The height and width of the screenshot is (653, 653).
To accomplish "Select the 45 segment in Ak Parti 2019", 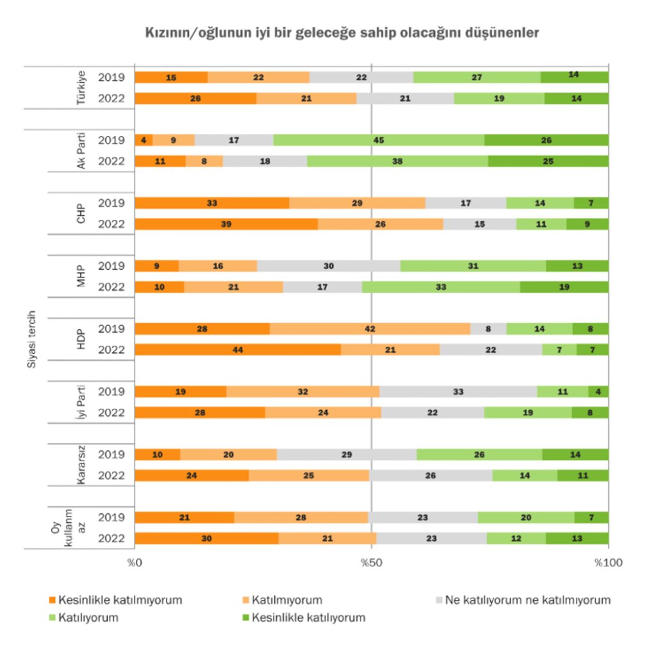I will click(x=379, y=140).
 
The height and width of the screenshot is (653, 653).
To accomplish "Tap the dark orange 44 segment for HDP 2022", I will click(x=237, y=349).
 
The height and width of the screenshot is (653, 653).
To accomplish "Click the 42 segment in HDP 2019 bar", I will click(x=370, y=329).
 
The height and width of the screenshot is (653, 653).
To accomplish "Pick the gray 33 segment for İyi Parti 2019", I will click(x=458, y=392).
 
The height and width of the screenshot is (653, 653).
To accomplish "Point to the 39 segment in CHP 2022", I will click(x=226, y=224).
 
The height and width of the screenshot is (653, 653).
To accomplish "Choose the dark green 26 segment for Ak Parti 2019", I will click(x=547, y=140).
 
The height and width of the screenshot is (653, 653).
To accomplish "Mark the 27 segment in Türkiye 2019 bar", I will click(x=477, y=77).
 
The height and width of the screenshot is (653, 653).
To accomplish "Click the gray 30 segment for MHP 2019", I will click(x=328, y=266).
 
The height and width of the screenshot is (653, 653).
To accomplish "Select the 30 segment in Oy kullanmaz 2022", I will click(x=207, y=538).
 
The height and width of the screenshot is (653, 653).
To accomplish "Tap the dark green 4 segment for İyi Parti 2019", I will click(x=599, y=392).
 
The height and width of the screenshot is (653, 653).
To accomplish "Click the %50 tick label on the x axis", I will click(x=372, y=563).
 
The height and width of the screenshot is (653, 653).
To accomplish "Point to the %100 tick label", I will click(x=608, y=563).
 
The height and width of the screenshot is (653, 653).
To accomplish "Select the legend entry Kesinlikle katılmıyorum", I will click(x=115, y=600).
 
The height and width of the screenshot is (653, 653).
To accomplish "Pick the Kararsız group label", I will click(x=82, y=465).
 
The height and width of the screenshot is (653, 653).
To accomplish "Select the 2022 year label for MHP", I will click(x=112, y=287).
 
